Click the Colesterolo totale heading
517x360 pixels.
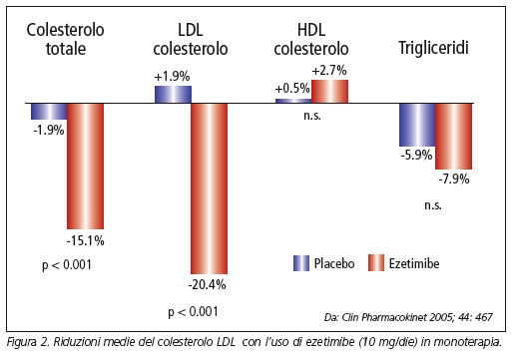[67, 38]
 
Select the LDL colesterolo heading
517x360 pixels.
[190, 38]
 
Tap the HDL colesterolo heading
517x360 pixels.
[312, 38]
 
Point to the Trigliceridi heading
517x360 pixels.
[435, 47]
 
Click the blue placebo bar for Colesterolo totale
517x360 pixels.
[49, 112]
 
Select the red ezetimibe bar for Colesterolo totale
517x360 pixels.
[85, 166]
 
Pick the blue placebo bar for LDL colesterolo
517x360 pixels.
[172, 94]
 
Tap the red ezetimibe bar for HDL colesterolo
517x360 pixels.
[330, 91]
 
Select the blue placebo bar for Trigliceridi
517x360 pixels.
[417, 125]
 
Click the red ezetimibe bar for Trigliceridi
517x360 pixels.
[453, 134]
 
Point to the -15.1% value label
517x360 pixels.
[86, 239]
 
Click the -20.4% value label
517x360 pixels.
[209, 284]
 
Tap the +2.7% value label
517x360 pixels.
[330, 71]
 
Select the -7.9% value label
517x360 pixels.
[453, 177]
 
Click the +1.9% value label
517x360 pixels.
[172, 76]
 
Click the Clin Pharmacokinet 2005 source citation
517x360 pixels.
[422, 317]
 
